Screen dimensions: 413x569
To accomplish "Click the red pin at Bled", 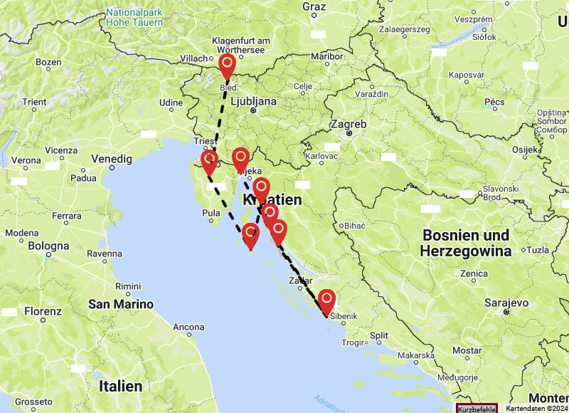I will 227,67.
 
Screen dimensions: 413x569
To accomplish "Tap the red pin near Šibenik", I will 326,301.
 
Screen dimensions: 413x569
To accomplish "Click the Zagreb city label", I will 348,124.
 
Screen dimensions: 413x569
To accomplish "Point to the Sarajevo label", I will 506,303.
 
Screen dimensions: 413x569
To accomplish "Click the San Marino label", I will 121,304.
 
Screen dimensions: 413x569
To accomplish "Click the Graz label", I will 314,6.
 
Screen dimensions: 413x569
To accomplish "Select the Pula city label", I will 212,213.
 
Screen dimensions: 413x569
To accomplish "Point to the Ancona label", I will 189,328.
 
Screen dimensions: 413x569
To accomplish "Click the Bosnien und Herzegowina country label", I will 465,243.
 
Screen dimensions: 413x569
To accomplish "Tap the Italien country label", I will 121,386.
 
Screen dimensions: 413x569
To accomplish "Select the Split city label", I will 379,335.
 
